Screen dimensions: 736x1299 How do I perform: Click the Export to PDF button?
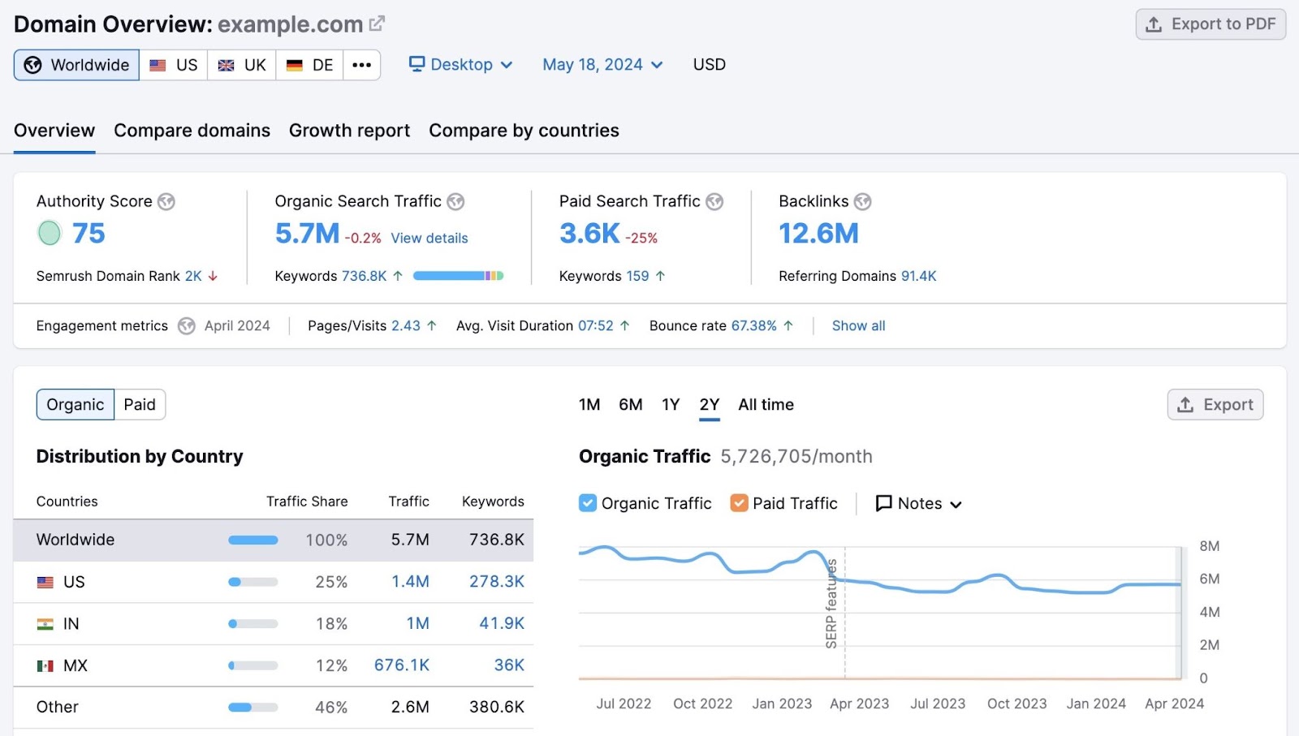1210,24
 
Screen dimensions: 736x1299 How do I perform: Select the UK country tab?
242,65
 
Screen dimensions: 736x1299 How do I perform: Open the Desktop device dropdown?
460,65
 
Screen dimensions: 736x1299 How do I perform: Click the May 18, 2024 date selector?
602,65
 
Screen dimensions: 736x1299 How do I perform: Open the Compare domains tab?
192,131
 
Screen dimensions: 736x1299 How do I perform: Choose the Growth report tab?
349,131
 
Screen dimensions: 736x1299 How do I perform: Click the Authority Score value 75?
88,234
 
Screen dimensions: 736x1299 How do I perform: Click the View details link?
429,239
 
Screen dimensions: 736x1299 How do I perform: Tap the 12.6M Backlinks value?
818,234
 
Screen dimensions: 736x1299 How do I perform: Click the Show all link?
858,326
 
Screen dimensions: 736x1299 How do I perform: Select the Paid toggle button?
140,405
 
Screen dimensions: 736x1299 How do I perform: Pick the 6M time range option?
630,405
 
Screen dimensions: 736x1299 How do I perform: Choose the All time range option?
766,405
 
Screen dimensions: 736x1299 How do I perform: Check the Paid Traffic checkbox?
739,503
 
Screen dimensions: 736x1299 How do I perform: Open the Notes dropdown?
918,504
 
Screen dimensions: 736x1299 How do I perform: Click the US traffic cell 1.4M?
410,582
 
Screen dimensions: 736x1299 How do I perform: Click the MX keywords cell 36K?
509,665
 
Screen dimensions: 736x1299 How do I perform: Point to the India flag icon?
45,624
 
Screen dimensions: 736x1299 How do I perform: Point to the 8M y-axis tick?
1209,546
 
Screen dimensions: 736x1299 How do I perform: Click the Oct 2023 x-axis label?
1016,704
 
